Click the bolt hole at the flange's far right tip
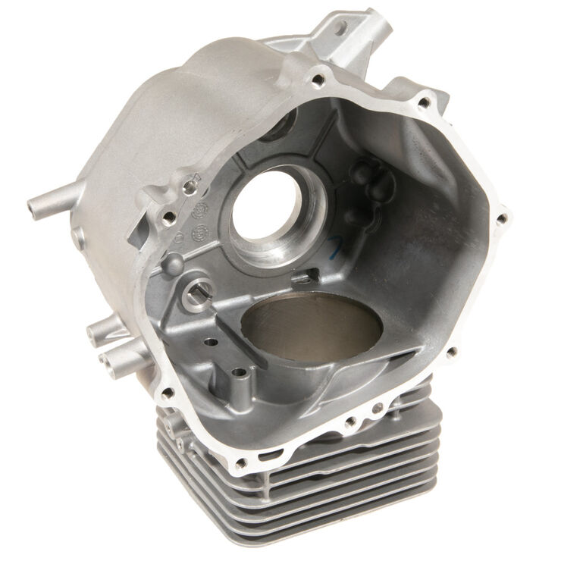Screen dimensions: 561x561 click(501, 218)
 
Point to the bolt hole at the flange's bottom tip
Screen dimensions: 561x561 click(241, 463)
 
